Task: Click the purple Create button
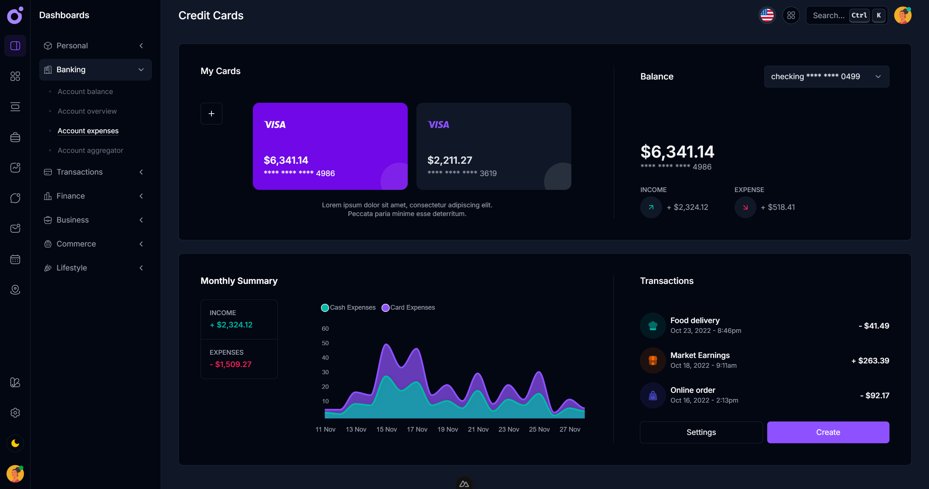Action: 828,432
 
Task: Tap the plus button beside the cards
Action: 211,114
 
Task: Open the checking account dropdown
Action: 826,77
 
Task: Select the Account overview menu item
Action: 87,111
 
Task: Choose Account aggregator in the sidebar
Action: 90,150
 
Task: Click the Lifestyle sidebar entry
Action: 72,268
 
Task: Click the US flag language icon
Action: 767,15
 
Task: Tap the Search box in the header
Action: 829,15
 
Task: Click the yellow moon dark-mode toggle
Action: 15,443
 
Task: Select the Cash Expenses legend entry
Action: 349,307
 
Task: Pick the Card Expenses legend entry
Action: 408,307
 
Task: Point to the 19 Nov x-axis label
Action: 448,429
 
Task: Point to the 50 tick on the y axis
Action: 325,343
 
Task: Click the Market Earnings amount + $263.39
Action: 870,360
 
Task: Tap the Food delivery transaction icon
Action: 653,326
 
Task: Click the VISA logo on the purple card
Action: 275,125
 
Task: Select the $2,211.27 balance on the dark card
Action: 450,160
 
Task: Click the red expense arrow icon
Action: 745,207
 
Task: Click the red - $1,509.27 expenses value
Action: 231,364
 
